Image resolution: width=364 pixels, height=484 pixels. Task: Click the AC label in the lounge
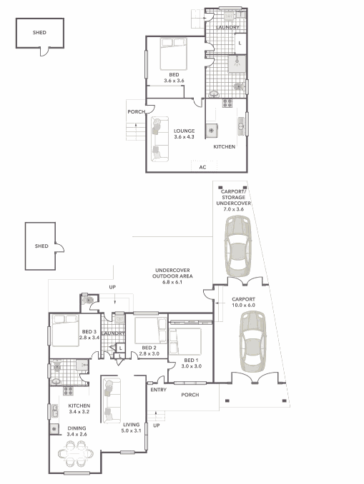pos(202,167)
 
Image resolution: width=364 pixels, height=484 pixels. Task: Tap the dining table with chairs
pos(76,453)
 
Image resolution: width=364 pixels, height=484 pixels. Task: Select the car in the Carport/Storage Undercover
pos(238,246)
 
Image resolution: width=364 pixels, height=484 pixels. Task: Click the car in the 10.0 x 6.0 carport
pos(252,342)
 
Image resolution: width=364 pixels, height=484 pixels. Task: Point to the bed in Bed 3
pos(65,331)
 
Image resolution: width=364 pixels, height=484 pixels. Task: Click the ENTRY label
pos(158,390)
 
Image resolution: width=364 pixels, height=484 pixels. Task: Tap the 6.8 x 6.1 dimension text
pos(172,282)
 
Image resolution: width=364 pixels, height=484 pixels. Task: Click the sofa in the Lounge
pos(160,139)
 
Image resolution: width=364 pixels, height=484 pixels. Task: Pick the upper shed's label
pos(39,32)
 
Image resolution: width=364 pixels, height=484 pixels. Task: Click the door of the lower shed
pos(59,247)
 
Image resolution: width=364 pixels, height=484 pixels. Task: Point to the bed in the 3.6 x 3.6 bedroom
pos(174,54)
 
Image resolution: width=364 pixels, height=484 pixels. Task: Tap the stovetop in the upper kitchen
pos(227,103)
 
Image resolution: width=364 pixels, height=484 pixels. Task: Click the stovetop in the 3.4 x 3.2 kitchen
pos(69,391)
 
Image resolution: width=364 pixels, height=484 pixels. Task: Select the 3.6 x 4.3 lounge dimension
pos(184,137)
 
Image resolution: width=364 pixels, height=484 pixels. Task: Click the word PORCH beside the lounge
pos(137,112)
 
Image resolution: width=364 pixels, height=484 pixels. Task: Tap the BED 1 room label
pos(191,361)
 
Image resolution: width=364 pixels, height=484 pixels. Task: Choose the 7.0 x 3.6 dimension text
pos(234,209)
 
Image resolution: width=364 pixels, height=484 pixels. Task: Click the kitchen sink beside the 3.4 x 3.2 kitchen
pos(55,411)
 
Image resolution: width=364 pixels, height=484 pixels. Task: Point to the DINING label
pos(77,428)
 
